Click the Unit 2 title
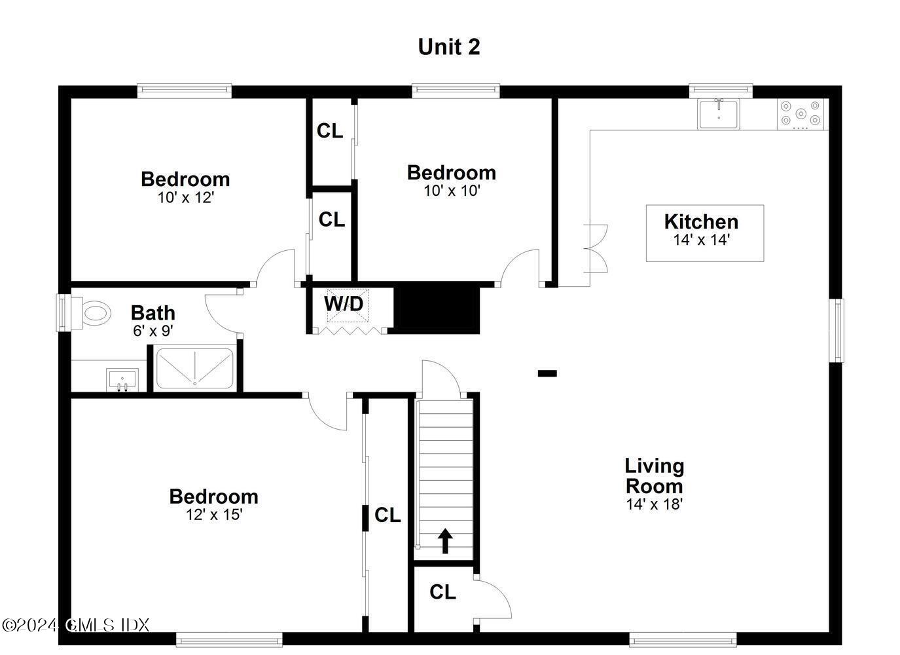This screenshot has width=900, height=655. pyautogui.click(x=449, y=47)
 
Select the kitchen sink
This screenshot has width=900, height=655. pyautogui.click(x=718, y=114)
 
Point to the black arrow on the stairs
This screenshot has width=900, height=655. pyautogui.click(x=445, y=541)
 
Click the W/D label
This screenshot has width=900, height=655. pyautogui.click(x=343, y=304)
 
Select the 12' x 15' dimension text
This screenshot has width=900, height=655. pyautogui.click(x=214, y=515)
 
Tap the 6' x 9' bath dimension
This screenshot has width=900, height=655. pyautogui.click(x=153, y=331)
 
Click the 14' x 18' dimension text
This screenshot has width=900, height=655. pyautogui.click(x=654, y=504)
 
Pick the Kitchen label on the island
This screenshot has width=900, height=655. pyautogui.click(x=701, y=221)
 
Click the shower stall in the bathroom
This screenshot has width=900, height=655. pyautogui.click(x=194, y=368)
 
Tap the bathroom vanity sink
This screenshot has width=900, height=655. pyautogui.click(x=122, y=379)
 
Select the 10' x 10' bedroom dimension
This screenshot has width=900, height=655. pyautogui.click(x=452, y=191)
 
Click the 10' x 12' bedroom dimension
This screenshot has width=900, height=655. pyautogui.click(x=185, y=197)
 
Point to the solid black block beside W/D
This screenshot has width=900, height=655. pyautogui.click(x=437, y=308)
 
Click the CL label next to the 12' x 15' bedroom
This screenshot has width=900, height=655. pyautogui.click(x=387, y=515)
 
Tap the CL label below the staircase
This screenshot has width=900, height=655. pyautogui.click(x=442, y=592)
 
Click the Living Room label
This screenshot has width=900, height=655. pyautogui.click(x=654, y=476)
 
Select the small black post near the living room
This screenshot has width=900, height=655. pyautogui.click(x=547, y=373)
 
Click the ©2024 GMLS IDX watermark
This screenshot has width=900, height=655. pyautogui.click(x=76, y=625)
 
